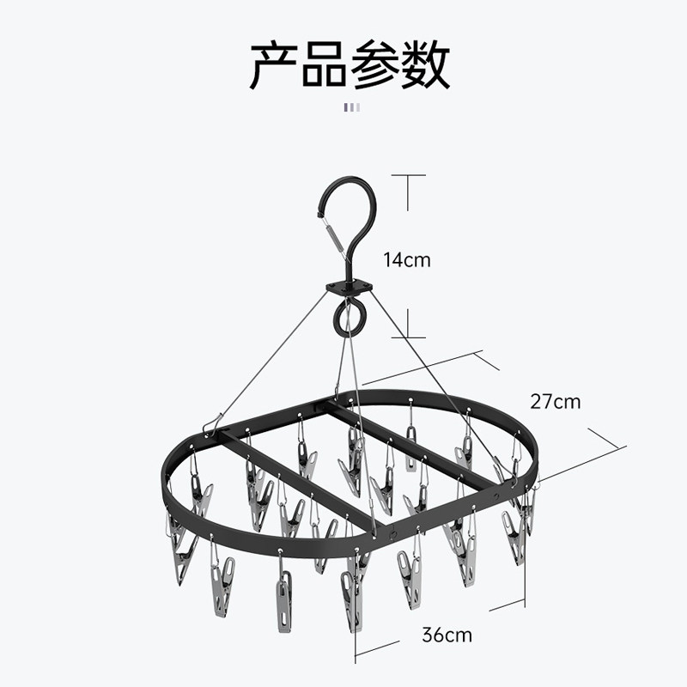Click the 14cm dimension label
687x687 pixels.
point(407,259)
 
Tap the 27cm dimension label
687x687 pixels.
point(556,401)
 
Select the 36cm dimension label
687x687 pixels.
point(447,635)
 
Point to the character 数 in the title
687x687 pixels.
point(425,65)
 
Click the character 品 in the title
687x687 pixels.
point(325,65)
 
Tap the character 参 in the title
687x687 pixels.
point(375,65)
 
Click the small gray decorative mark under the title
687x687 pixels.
point(352,107)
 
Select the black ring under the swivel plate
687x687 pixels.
point(349,319)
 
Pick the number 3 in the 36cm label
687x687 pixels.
point(427,635)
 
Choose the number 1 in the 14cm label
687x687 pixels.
point(388,259)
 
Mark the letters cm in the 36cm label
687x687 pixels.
point(459,635)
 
